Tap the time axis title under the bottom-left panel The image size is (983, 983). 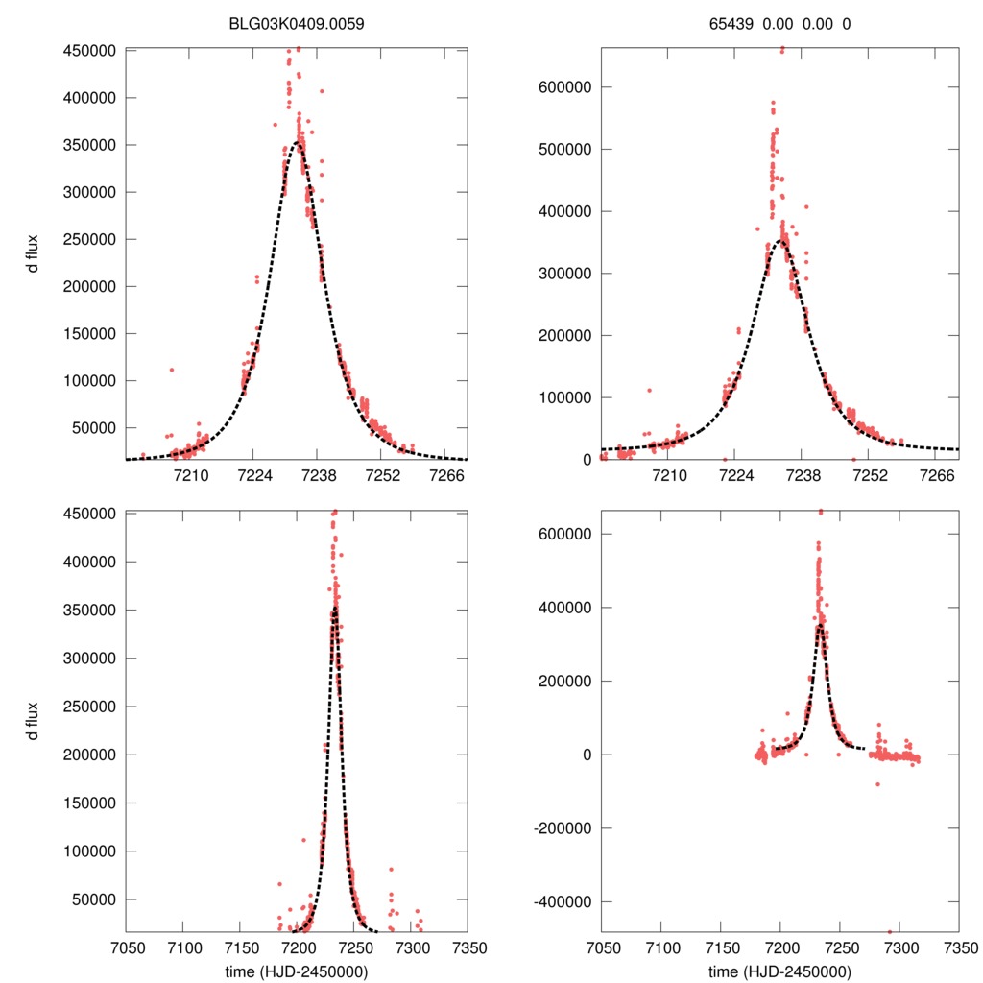[x=296, y=971]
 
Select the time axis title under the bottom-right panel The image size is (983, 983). [x=779, y=971]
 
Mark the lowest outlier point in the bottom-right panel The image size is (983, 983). [x=890, y=931]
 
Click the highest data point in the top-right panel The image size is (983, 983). [x=781, y=50]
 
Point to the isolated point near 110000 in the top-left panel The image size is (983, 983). [x=172, y=370]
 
